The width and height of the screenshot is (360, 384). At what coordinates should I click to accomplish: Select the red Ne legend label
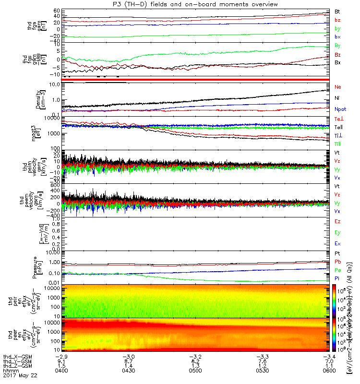pos(337,87)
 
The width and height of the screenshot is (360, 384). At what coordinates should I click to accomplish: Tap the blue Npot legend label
pos(340,109)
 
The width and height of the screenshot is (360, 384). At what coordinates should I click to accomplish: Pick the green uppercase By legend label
pos(337,45)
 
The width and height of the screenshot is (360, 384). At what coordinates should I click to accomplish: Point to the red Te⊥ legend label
pos(338,119)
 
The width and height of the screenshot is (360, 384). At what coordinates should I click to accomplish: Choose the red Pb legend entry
pos(337,262)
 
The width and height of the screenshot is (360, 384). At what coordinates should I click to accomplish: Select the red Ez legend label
pos(337,221)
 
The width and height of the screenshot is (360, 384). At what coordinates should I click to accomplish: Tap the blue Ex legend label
pos(337,244)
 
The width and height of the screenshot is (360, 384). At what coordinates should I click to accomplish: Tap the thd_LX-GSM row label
pos(18,357)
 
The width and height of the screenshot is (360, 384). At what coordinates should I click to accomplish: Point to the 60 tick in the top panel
pos(57,10)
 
